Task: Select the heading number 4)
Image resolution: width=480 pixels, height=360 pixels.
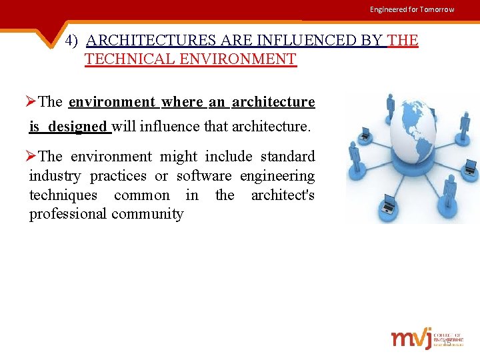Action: pos(73,41)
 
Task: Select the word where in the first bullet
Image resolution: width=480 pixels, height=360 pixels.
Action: pos(182,102)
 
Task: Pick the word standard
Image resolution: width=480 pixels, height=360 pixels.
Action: pos(287,157)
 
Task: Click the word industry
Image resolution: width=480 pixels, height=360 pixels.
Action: pos(55,176)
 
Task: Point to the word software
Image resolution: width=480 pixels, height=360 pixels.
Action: pos(204,176)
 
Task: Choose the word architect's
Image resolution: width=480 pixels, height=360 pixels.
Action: pos(283,195)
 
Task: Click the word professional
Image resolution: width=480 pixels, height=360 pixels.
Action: pos(68,215)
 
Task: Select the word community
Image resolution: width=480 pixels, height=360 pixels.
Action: pos(148,215)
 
